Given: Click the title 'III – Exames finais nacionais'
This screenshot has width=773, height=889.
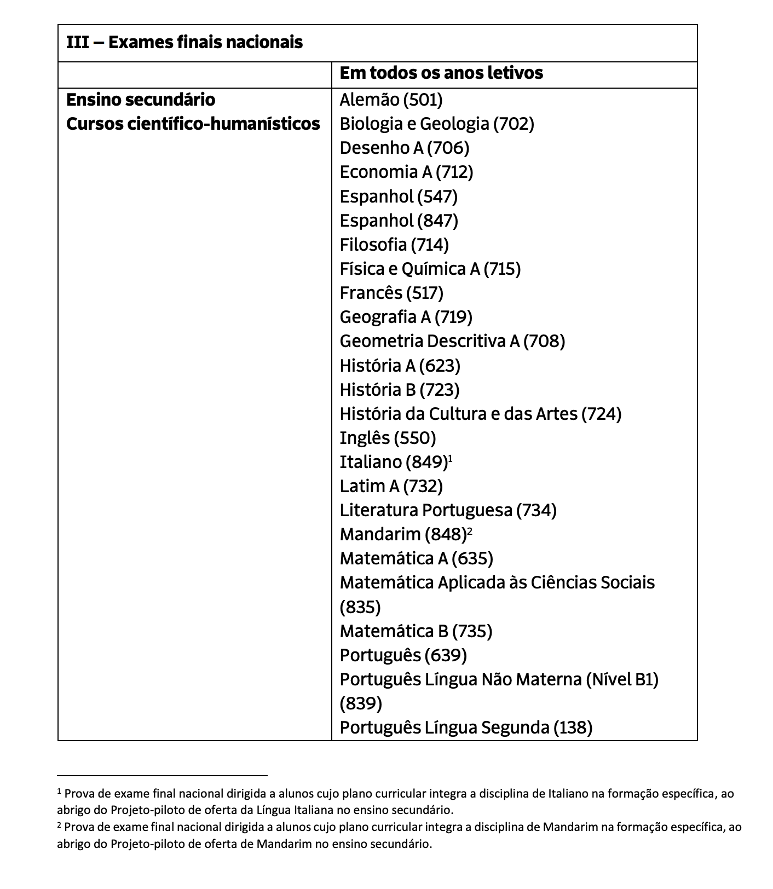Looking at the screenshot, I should click(x=184, y=42).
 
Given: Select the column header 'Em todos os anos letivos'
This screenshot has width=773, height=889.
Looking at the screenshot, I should click(x=441, y=73).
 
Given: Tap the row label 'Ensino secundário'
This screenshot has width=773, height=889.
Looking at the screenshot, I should click(x=141, y=100).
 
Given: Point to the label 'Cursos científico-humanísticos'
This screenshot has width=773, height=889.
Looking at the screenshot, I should click(x=193, y=124).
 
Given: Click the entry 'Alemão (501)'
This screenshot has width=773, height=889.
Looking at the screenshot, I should click(x=391, y=100).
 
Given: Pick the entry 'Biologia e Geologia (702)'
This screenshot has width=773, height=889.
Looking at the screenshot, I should click(x=436, y=124).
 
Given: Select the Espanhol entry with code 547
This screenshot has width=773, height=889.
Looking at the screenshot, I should click(x=399, y=196).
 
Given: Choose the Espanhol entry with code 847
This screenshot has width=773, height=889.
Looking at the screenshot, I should click(x=399, y=220).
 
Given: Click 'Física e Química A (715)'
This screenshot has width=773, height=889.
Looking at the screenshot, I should click(x=430, y=269).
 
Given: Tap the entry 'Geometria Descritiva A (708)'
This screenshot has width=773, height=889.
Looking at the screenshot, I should click(x=452, y=341).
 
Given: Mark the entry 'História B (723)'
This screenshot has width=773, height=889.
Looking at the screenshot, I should click(x=399, y=389).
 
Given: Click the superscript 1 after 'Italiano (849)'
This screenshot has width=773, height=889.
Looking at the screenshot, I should click(x=451, y=458).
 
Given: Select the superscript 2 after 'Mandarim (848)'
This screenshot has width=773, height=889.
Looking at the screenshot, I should click(x=470, y=530).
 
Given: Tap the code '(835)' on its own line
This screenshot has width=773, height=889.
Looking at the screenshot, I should click(x=360, y=607).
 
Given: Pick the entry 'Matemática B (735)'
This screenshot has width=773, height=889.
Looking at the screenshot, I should click(x=416, y=631).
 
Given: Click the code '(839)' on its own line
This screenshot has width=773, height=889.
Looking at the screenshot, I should click(x=361, y=703).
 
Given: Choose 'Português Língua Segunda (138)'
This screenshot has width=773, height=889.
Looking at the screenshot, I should click(x=466, y=728).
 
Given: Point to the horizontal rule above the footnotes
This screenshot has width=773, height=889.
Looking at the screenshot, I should click(x=162, y=775).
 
